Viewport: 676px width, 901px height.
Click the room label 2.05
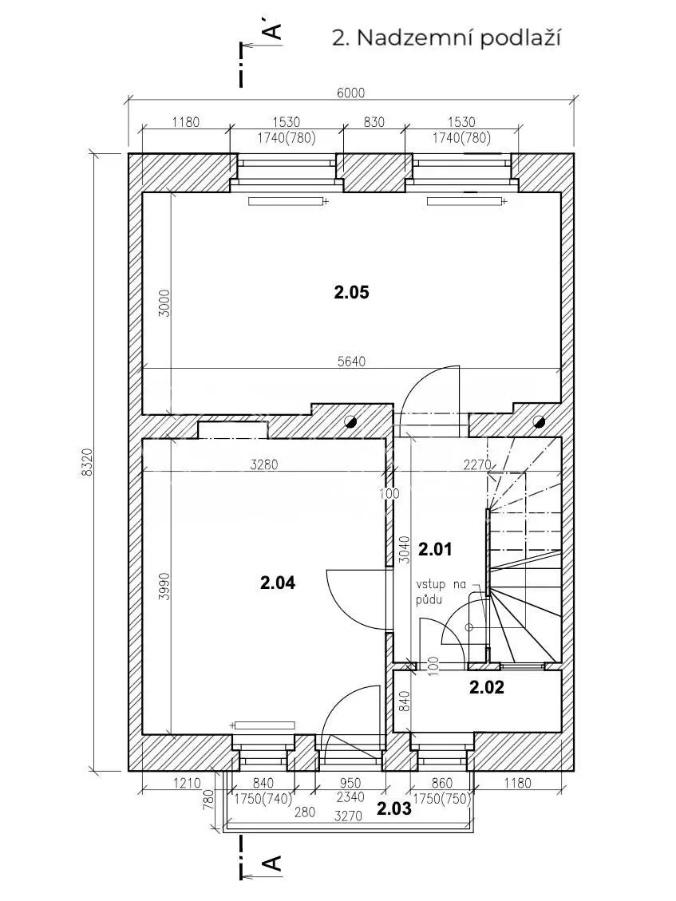351,292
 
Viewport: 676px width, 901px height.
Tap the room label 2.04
278,583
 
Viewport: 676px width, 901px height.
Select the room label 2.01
435,550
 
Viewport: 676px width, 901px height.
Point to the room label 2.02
487,687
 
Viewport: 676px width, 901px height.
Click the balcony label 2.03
394,808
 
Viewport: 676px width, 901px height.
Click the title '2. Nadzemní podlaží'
447,38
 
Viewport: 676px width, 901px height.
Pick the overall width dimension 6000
350,93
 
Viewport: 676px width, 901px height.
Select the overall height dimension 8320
87,463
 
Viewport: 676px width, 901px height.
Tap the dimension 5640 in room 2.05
350,362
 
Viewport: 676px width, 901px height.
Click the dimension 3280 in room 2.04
264,464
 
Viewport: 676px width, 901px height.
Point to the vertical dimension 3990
165,587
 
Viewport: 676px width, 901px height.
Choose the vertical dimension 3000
165,304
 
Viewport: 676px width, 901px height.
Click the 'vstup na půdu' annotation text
441,592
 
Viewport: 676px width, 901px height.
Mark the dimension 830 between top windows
374,122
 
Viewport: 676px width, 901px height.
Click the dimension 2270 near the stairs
477,464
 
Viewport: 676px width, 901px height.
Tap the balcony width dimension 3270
348,816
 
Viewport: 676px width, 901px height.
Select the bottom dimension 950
350,783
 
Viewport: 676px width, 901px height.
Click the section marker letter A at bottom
274,862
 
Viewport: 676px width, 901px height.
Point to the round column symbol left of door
350,422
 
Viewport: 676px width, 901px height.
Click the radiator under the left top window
288,201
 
